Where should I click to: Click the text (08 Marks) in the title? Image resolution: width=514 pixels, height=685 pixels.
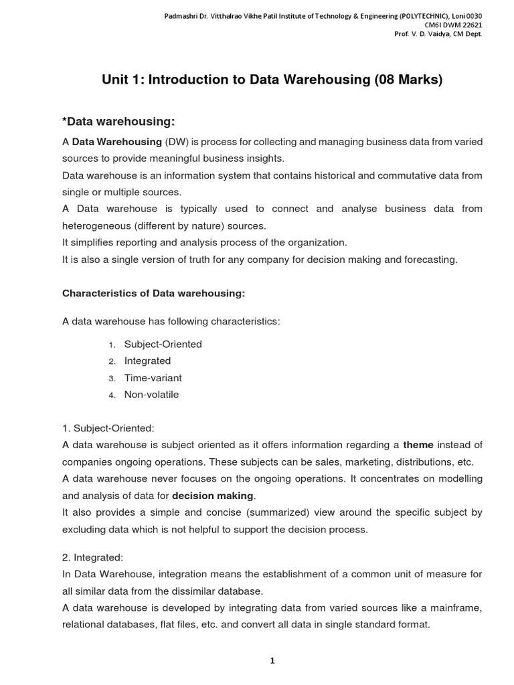(407, 80)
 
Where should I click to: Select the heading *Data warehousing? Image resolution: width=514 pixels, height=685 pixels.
(118, 121)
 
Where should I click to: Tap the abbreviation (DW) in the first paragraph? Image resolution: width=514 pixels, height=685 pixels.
(173, 142)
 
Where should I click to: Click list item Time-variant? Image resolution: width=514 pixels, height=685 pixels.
(153, 378)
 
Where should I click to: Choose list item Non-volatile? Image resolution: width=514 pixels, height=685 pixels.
(151, 395)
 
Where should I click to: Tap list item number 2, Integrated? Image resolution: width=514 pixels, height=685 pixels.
(147, 361)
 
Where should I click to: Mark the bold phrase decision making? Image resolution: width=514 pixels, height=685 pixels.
(213, 496)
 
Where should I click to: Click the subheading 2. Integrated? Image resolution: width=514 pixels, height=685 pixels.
(93, 557)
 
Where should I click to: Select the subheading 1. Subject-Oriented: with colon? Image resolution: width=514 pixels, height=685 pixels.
(108, 428)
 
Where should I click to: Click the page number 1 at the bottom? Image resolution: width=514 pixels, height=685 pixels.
(272, 661)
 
